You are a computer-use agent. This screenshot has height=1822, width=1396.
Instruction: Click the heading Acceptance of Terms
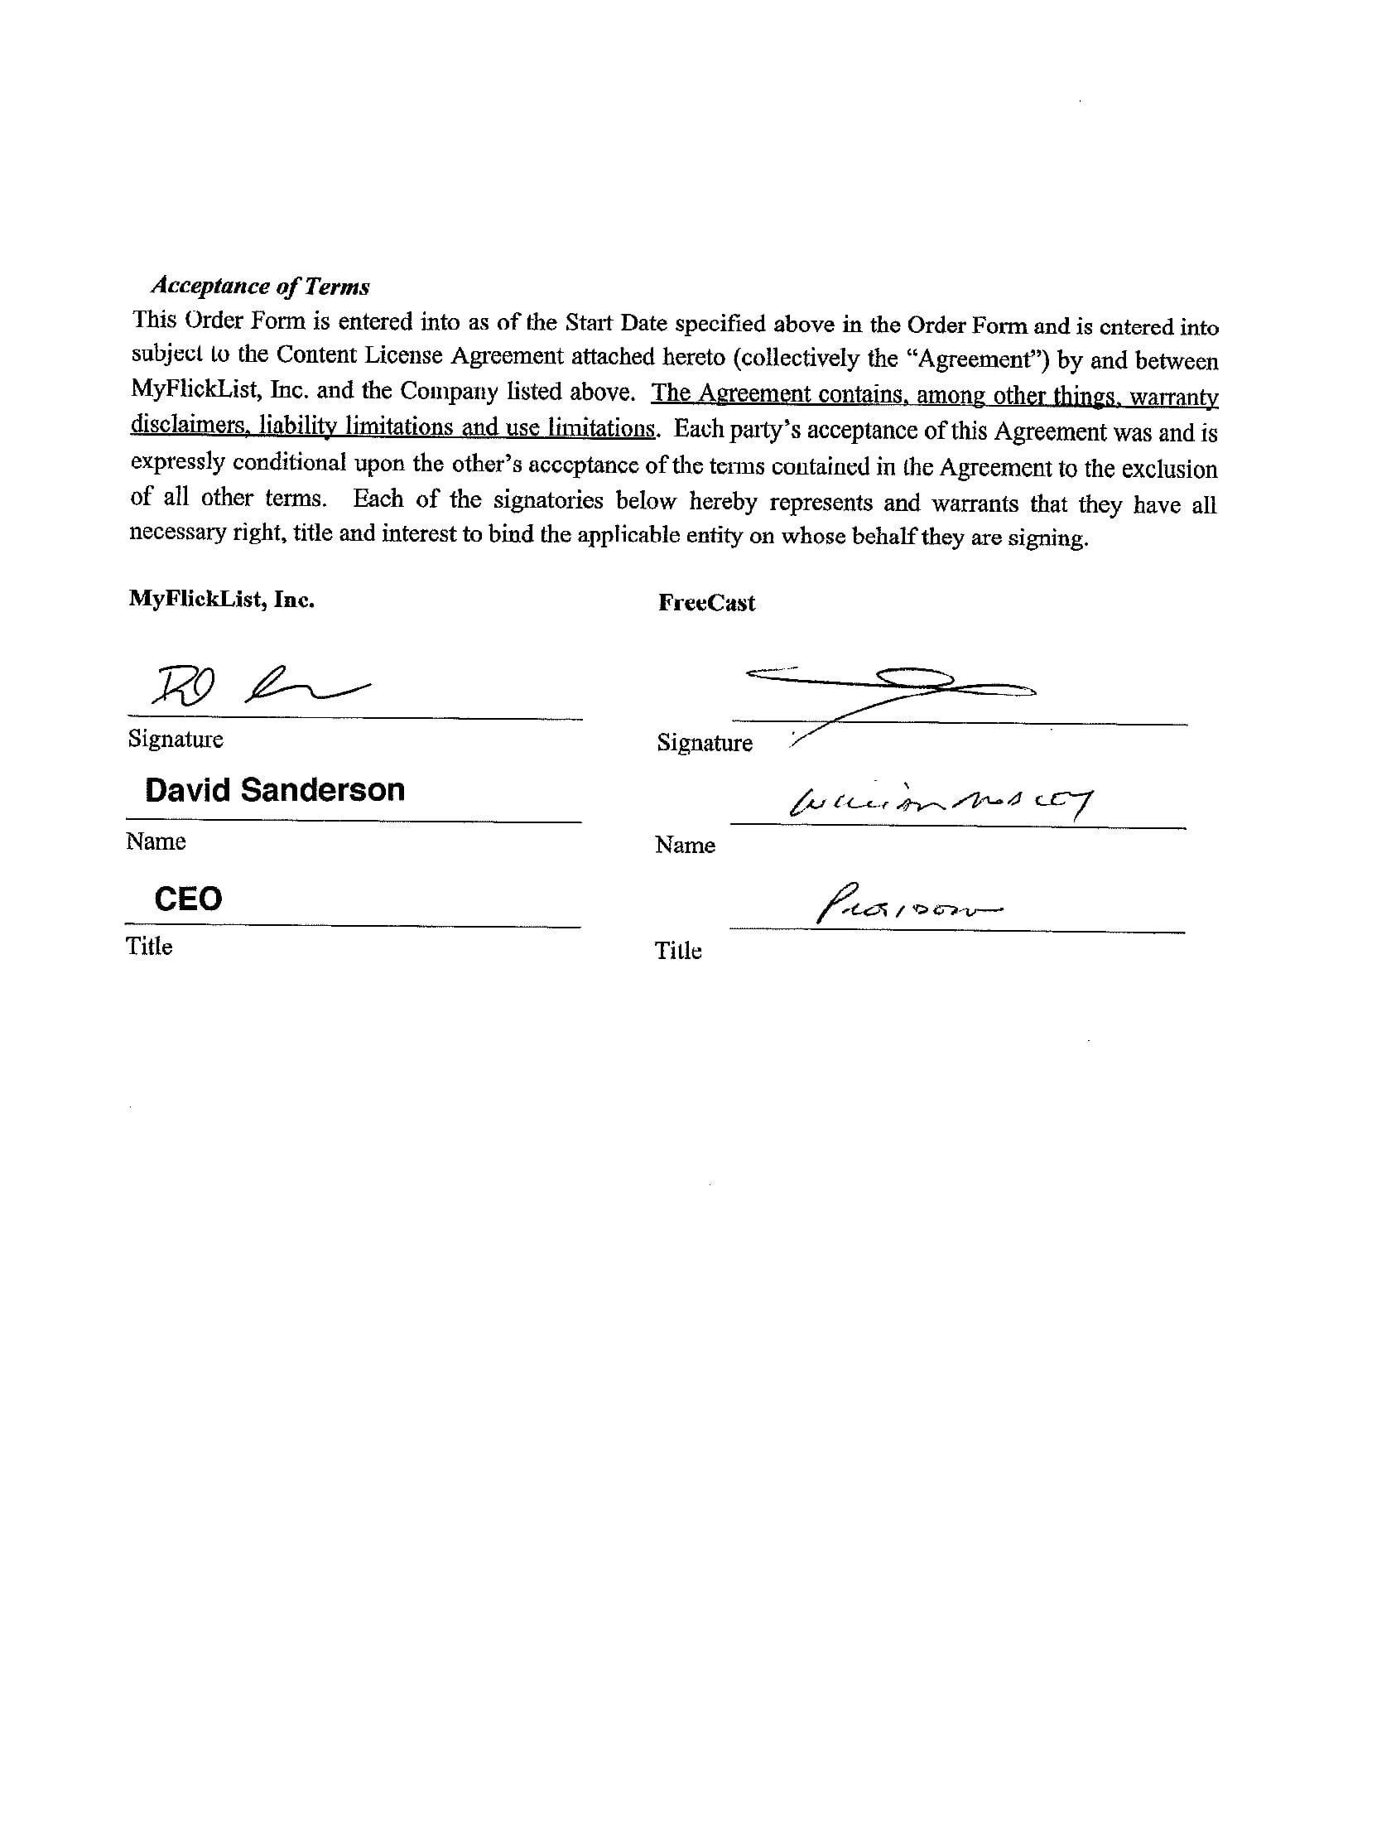click(x=260, y=287)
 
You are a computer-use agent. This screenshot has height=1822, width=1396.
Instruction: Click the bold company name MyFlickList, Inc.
click(x=221, y=600)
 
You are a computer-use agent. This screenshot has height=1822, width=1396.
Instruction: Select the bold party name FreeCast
click(x=706, y=604)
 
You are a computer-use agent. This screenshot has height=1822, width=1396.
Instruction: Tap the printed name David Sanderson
click(x=274, y=790)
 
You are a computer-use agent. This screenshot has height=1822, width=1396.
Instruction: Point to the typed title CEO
click(x=189, y=899)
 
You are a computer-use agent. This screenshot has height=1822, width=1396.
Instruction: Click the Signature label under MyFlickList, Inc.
click(x=176, y=740)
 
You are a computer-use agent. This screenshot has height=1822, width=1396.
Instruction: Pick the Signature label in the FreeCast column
click(x=705, y=743)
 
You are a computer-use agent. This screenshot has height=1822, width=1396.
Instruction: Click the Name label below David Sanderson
click(x=156, y=842)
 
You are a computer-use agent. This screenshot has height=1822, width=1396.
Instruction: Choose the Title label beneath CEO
click(x=149, y=947)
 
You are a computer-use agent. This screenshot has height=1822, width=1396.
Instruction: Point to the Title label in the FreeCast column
click(x=678, y=951)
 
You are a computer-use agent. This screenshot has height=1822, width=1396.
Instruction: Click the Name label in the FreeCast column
click(x=685, y=846)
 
